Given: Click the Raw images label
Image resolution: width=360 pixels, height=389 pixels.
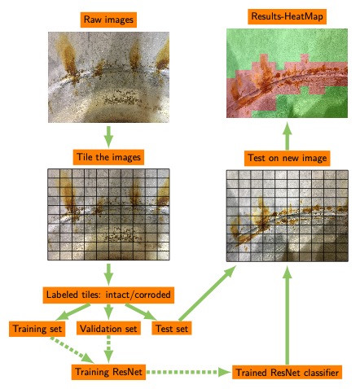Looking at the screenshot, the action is [x=108, y=20].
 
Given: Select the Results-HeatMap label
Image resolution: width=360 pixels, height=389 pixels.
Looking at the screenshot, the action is [x=287, y=16].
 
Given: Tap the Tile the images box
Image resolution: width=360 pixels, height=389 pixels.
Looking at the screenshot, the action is [x=108, y=157].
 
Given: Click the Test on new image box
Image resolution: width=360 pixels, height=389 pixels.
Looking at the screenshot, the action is [x=287, y=158].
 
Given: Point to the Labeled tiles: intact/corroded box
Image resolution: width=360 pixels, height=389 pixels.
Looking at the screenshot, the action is [x=108, y=295].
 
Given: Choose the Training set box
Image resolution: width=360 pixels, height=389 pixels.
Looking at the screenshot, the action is [x=37, y=329].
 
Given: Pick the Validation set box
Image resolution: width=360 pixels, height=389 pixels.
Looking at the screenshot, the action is [x=108, y=329].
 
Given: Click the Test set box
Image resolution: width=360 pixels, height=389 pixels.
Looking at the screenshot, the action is [x=172, y=329].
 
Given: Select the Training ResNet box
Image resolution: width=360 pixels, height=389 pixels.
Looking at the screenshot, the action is [x=108, y=372].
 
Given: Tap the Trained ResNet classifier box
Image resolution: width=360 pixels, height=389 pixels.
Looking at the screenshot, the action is [x=287, y=372].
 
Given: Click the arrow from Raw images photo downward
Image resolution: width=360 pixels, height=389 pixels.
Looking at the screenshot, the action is [x=108, y=137].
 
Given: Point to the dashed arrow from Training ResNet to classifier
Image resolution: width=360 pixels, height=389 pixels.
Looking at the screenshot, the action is [x=189, y=372].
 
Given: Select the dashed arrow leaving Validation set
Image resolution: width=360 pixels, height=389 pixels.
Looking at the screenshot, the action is [x=108, y=349].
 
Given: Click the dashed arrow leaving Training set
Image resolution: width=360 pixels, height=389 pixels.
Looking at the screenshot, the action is [x=72, y=350].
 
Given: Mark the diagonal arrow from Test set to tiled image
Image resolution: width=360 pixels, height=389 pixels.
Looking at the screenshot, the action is [x=207, y=294].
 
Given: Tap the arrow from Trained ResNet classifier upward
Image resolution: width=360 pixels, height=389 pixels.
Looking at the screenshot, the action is [x=287, y=315].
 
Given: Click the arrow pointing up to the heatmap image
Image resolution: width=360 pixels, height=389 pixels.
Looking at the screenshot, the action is [x=287, y=136].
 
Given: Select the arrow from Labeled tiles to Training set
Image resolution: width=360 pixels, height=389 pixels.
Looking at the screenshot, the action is [x=72, y=312].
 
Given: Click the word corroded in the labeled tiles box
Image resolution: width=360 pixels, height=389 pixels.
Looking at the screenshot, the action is [x=152, y=295].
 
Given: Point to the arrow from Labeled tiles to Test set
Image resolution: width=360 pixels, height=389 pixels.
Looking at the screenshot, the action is [x=141, y=312].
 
